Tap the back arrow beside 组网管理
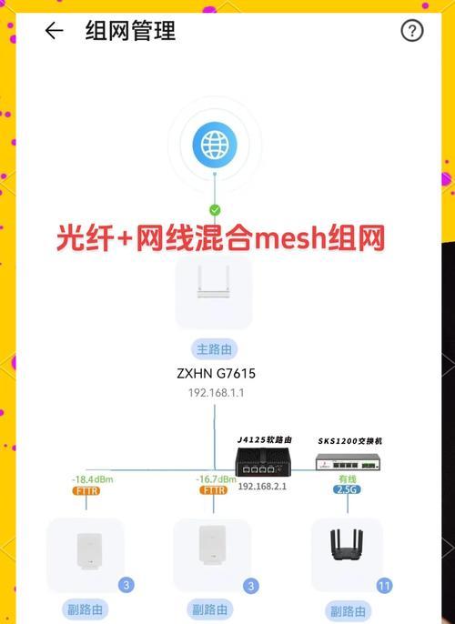(x=54, y=31)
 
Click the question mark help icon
(x=411, y=31)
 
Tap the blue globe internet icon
(x=215, y=144)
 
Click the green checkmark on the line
(x=215, y=210)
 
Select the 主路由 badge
(x=214, y=349)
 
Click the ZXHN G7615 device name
(x=217, y=373)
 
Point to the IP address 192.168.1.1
(x=217, y=393)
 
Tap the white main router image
(x=214, y=282)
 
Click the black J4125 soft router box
(x=263, y=462)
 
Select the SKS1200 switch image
(x=348, y=462)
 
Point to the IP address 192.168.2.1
(x=262, y=486)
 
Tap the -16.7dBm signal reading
(x=216, y=479)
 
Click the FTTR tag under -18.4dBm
(x=86, y=490)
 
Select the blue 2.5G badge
(x=347, y=489)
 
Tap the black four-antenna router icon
(x=347, y=545)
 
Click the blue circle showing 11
(x=384, y=586)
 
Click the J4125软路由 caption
(x=265, y=439)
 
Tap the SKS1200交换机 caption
(x=350, y=441)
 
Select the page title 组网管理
(x=130, y=31)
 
